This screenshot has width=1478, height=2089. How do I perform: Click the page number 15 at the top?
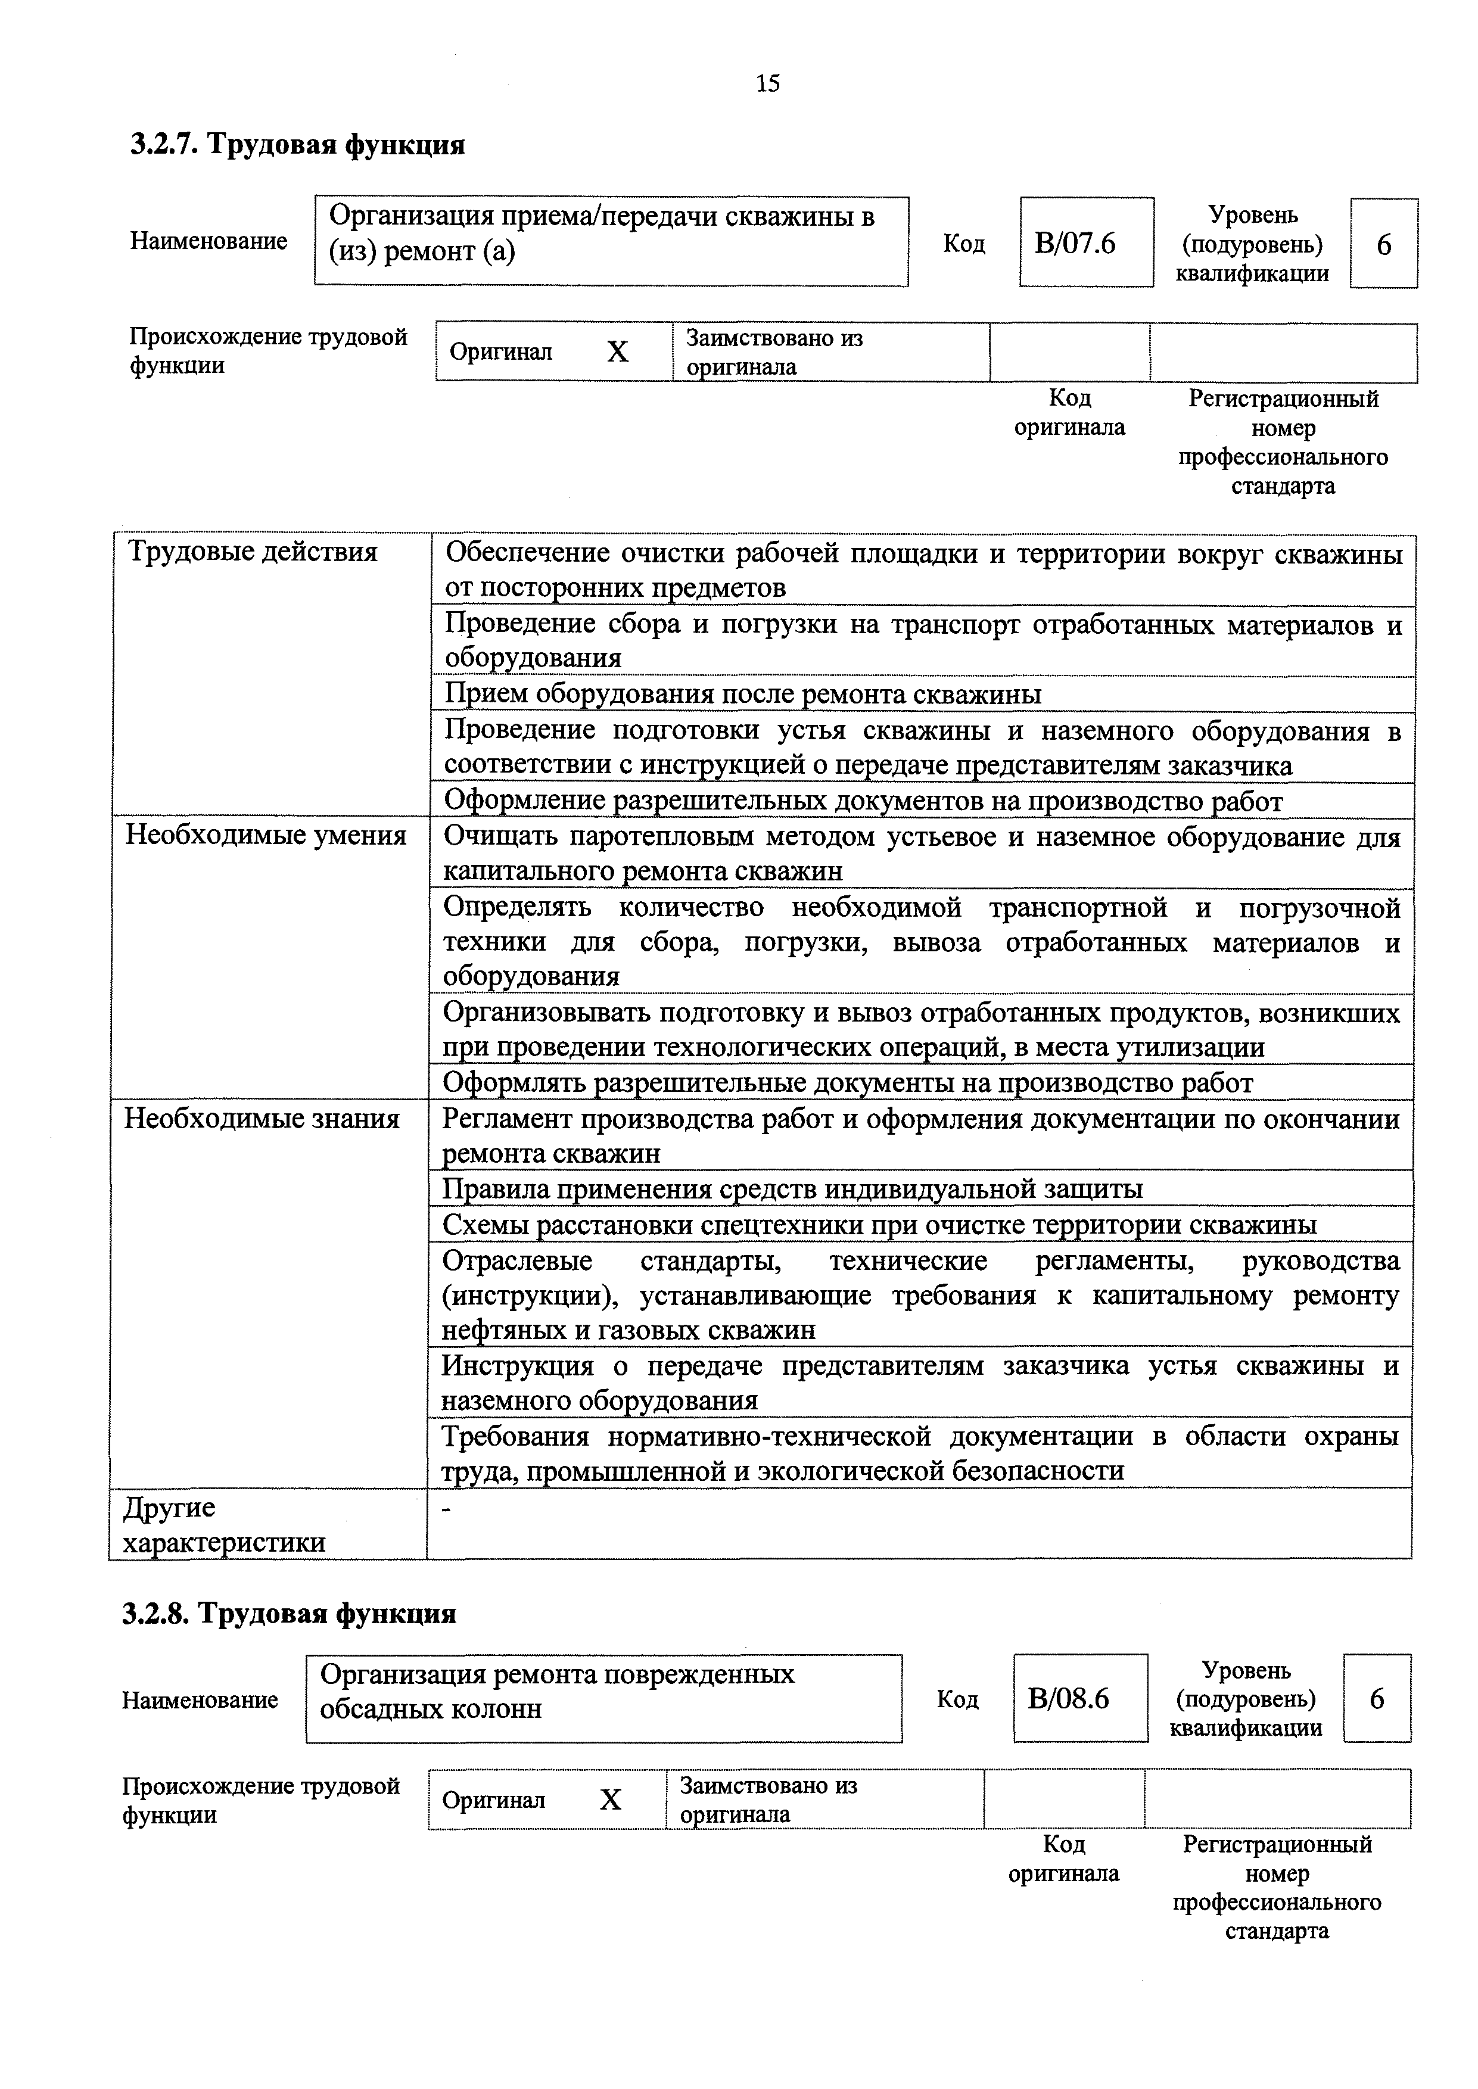click(x=767, y=84)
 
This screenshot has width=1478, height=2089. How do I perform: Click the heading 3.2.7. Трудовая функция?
click(x=298, y=145)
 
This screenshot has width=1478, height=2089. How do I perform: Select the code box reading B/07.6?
click(x=1086, y=243)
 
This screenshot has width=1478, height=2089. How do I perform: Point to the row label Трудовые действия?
click(x=253, y=552)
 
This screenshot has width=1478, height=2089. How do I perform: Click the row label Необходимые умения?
click(x=266, y=835)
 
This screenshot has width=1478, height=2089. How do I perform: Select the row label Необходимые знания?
click(x=262, y=1118)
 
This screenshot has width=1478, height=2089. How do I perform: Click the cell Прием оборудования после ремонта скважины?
click(x=743, y=694)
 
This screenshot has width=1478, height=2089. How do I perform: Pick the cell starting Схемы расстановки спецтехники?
click(x=879, y=1225)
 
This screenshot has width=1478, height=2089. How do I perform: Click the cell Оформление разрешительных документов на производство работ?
click(x=863, y=801)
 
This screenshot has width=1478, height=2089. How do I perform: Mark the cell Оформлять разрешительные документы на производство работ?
click(x=847, y=1083)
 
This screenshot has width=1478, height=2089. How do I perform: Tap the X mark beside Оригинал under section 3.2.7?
click(x=618, y=352)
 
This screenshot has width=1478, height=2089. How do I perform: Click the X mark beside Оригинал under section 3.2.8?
click(x=611, y=1800)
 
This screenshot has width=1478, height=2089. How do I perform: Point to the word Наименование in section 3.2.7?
click(x=209, y=241)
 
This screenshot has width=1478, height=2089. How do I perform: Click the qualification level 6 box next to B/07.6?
click(x=1383, y=244)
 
